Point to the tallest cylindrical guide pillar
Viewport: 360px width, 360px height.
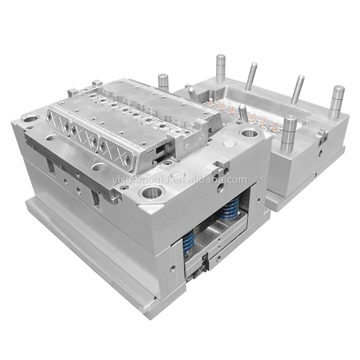[221, 68]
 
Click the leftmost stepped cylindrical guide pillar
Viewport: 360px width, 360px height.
[164, 84]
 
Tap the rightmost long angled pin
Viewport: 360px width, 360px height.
[298, 89]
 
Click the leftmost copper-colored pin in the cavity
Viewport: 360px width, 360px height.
[210, 102]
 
